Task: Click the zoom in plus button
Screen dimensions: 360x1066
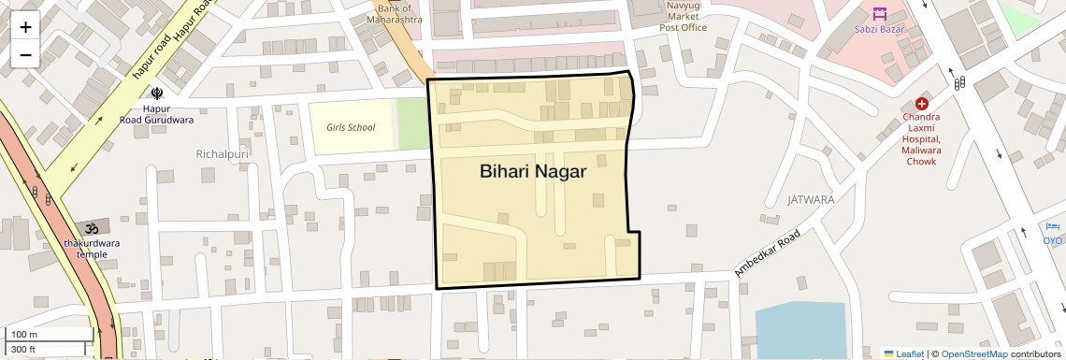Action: [x=25, y=27]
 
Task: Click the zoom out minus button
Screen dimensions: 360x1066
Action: [x=25, y=54]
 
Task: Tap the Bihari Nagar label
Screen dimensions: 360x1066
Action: [x=532, y=172]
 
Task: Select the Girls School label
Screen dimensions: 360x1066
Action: [x=351, y=127]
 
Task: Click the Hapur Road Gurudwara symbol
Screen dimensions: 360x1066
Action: [x=157, y=92]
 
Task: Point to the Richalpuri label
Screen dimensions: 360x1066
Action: [x=220, y=152]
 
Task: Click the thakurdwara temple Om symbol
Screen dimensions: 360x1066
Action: [x=92, y=227]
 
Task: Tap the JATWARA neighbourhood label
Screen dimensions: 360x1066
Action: [x=811, y=200]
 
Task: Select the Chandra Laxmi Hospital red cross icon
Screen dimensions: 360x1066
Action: [x=921, y=104]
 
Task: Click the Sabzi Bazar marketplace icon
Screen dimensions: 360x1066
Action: [x=879, y=14]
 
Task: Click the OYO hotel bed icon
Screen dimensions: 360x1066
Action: [x=1054, y=227]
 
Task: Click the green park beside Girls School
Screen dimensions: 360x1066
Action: [x=411, y=123]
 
